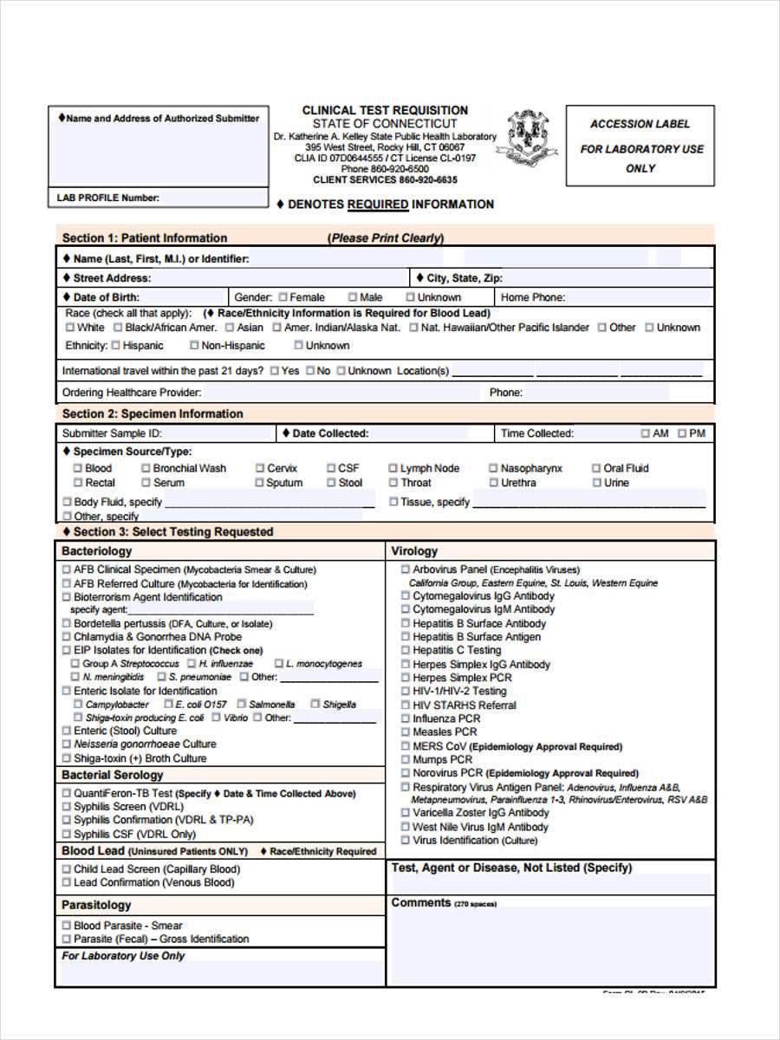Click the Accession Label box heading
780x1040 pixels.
pyautogui.click(x=640, y=124)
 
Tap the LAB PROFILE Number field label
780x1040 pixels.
pyautogui.click(x=108, y=198)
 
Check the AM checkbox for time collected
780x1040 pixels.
pyautogui.click(x=646, y=433)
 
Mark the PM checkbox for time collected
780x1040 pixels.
pyautogui.click(x=683, y=433)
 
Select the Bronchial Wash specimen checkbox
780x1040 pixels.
pyautogui.click(x=146, y=468)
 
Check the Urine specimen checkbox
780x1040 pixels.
pyautogui.click(x=596, y=483)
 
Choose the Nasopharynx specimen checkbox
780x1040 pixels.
pyautogui.click(x=493, y=468)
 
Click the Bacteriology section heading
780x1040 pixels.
pyautogui.click(x=97, y=551)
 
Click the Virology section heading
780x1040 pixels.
pyautogui.click(x=414, y=551)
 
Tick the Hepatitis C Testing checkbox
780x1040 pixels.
pyautogui.click(x=406, y=650)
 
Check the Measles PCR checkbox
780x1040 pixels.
pyautogui.click(x=406, y=732)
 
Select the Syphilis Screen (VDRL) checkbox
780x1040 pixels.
pyautogui.click(x=67, y=807)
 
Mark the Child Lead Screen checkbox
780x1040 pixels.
pyautogui.click(x=67, y=869)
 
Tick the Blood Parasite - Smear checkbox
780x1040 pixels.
pyautogui.click(x=67, y=926)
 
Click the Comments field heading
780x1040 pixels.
pyautogui.click(x=421, y=902)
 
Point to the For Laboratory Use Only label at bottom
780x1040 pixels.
pyautogui.click(x=123, y=956)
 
